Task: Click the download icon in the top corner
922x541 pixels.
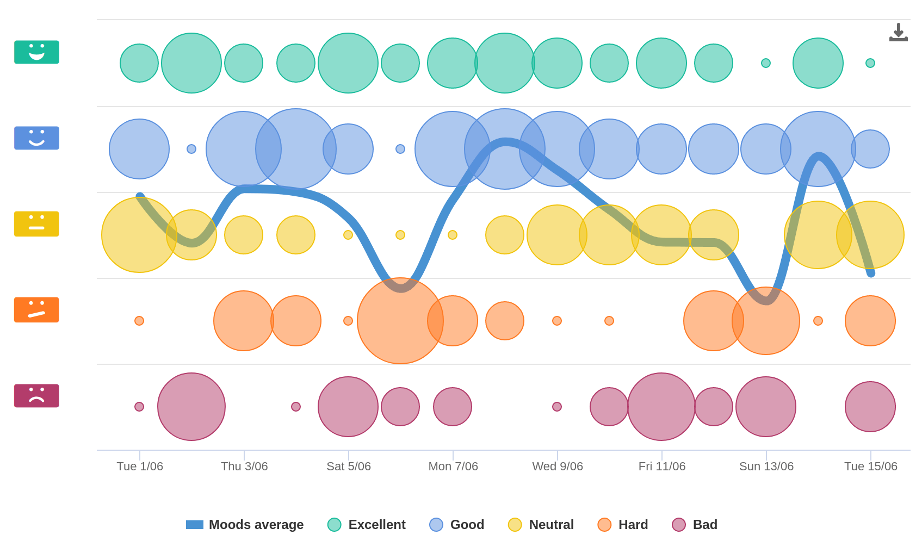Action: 898,32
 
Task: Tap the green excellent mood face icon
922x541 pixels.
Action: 36,52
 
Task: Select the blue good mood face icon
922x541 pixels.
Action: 36,138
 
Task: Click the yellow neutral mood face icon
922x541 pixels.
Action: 36,224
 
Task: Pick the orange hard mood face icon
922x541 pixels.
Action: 36,310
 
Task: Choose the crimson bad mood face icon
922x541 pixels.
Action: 36,396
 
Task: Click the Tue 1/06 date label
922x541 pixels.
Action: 140,467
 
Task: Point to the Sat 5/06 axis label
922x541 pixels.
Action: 349,467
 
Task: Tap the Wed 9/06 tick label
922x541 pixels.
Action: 558,467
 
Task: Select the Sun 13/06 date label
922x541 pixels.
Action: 766,467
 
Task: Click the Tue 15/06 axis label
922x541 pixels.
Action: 871,467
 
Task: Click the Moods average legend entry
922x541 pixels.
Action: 245,525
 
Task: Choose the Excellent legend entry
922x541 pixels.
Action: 367,525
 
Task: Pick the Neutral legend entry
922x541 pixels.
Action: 541,525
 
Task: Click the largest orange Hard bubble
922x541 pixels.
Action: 400,321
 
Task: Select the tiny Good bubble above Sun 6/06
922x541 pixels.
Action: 400,149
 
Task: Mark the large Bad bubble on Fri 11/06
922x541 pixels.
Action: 661,407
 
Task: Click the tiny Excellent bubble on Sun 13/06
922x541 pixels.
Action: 766,63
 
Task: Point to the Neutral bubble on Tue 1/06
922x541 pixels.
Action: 139,235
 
